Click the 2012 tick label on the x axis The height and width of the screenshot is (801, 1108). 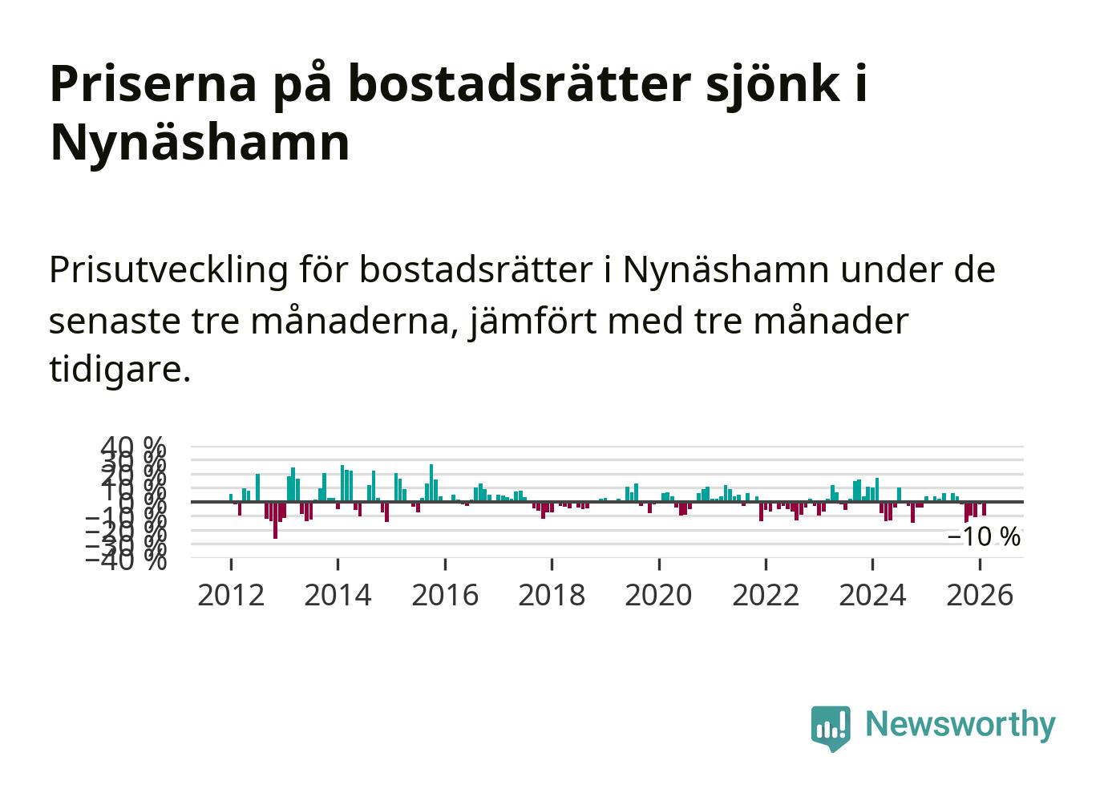coord(231,596)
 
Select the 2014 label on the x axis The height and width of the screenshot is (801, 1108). coord(338,596)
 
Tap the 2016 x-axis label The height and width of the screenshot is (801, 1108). coord(445,596)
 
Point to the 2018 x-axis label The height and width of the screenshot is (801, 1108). coord(552,596)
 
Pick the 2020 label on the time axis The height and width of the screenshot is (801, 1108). coord(658,596)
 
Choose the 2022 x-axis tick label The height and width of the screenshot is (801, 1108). coord(766,596)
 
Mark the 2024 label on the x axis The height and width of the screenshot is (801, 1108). coord(872,596)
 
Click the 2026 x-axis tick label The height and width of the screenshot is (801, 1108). coord(980,596)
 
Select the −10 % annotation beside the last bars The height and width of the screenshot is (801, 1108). coord(984,537)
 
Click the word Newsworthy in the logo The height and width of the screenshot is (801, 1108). coord(960,725)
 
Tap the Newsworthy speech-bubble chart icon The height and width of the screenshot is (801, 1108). coord(830,727)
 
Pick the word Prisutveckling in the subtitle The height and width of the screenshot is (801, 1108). coord(168,270)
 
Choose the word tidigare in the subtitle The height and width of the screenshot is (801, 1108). coord(118,370)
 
